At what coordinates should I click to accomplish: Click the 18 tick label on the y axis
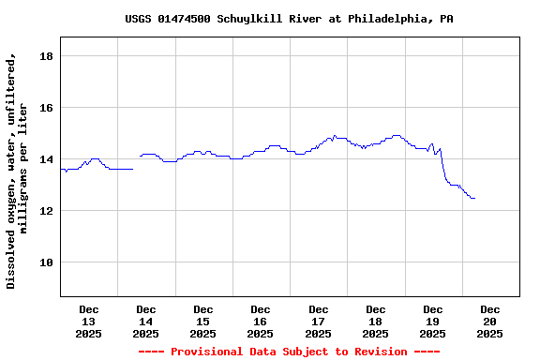(x=45, y=56)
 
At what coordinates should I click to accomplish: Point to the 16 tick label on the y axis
(x=45, y=108)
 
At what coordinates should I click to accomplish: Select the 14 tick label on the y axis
(x=45, y=159)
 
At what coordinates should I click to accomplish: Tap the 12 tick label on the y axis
(x=45, y=211)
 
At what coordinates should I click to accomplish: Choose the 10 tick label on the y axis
(x=45, y=262)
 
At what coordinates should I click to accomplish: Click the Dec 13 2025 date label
(x=88, y=321)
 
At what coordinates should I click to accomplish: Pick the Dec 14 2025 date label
(x=145, y=321)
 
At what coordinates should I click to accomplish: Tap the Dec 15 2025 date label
(x=202, y=321)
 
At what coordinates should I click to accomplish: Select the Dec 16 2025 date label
(x=261, y=321)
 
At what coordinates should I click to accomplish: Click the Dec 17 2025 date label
(x=318, y=321)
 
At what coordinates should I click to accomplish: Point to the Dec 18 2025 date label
(x=375, y=321)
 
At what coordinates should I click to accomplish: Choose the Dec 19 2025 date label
(x=432, y=321)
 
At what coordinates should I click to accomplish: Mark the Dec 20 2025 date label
(x=489, y=321)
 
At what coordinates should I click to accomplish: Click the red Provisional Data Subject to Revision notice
(x=289, y=352)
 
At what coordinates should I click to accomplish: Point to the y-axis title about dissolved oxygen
(x=17, y=171)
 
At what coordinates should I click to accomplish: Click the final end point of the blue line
(x=474, y=198)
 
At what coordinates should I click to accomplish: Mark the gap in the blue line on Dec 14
(x=137, y=163)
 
